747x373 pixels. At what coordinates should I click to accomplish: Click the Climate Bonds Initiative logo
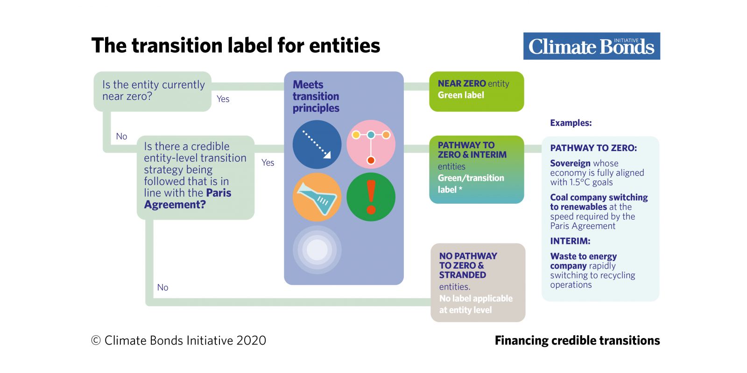[x=592, y=46]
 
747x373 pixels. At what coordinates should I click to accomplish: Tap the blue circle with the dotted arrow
[x=317, y=144]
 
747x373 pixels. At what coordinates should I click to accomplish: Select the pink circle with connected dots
[x=371, y=144]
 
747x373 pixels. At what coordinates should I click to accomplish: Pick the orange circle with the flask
[x=317, y=197]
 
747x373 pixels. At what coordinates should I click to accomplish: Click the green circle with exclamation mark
[x=371, y=197]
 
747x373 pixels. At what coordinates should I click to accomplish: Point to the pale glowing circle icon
[x=317, y=250]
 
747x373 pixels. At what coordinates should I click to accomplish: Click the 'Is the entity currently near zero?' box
[x=152, y=91]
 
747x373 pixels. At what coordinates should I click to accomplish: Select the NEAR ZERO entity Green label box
[x=477, y=91]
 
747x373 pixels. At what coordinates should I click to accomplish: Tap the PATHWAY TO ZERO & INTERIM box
[x=477, y=169]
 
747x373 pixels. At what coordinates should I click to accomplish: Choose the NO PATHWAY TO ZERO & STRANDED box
[x=478, y=283]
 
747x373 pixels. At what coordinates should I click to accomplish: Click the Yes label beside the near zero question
[x=223, y=99]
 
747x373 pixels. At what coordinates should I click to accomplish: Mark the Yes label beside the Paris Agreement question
[x=268, y=163]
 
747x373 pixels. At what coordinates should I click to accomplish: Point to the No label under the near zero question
[x=121, y=136]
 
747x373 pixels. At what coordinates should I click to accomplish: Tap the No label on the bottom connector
[x=163, y=287]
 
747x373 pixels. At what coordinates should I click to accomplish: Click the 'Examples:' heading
[x=571, y=123]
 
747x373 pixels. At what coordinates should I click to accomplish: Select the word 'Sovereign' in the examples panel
[x=570, y=163]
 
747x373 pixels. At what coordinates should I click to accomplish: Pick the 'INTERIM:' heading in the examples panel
[x=570, y=241]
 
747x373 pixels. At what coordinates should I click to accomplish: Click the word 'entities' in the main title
[x=345, y=45]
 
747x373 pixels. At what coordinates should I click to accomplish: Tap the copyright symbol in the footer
[x=96, y=340]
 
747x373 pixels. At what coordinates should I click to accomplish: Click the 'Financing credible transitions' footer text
[x=577, y=340]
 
